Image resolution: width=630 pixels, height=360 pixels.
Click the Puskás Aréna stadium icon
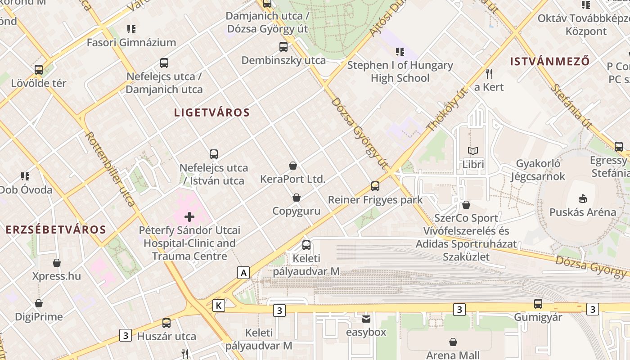pyautogui.click(x=583, y=198)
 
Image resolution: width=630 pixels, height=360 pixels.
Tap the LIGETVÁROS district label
pyautogui.click(x=211, y=112)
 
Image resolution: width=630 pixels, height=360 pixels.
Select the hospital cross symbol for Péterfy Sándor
pyautogui.click(x=189, y=217)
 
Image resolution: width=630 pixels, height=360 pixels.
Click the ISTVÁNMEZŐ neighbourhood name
pyautogui.click(x=549, y=62)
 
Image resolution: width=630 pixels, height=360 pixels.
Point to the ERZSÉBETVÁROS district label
pyautogui.click(x=56, y=229)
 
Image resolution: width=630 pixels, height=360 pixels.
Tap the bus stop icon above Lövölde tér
pyautogui.click(x=39, y=70)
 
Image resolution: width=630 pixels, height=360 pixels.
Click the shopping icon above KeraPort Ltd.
pyautogui.click(x=293, y=166)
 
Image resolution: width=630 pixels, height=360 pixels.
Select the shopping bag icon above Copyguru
pyautogui.click(x=297, y=198)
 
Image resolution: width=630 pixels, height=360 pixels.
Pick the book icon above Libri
pyautogui.click(x=473, y=151)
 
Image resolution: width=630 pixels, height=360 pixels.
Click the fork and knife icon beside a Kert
pyautogui.click(x=489, y=73)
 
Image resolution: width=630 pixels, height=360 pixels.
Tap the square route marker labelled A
pyautogui.click(x=243, y=272)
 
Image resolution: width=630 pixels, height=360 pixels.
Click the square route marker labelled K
pyautogui.click(x=219, y=306)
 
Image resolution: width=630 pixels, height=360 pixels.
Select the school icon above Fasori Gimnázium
pyautogui.click(x=131, y=29)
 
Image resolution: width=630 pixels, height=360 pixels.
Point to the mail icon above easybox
pyautogui.click(x=366, y=319)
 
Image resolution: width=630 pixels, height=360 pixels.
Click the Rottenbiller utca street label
pyautogui.click(x=110, y=169)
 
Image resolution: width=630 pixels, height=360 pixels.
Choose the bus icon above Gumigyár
pyautogui.click(x=538, y=303)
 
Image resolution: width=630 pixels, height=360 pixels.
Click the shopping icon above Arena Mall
pyautogui.click(x=453, y=342)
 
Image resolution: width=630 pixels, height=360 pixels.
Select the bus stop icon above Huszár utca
pyautogui.click(x=166, y=323)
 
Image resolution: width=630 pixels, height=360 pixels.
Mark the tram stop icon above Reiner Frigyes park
pyautogui.click(x=375, y=186)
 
